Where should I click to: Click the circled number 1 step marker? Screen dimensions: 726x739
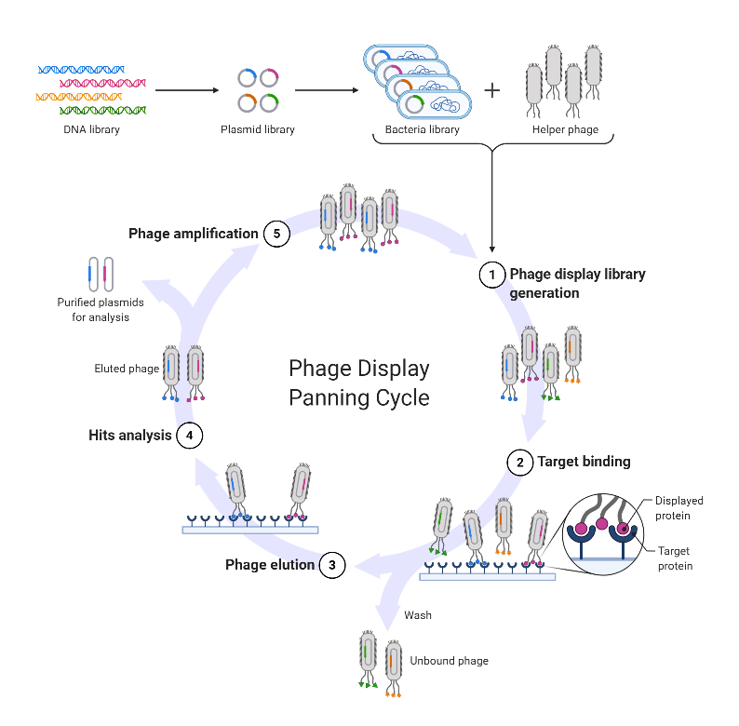click(x=491, y=275)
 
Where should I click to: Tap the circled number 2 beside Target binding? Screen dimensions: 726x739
click(x=520, y=462)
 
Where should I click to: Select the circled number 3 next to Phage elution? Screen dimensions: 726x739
click(x=332, y=565)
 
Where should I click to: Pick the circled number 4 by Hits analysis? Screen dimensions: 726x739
click(x=189, y=435)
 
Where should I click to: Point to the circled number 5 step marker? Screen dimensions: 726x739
click(x=276, y=234)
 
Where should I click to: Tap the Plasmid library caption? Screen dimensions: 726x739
click(x=258, y=129)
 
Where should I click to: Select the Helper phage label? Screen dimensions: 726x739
click(x=565, y=129)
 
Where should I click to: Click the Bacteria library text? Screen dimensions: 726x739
click(x=423, y=129)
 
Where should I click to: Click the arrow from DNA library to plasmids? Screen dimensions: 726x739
click(x=186, y=90)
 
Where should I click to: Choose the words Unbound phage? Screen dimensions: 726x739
click(x=449, y=661)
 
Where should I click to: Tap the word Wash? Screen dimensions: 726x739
click(x=418, y=615)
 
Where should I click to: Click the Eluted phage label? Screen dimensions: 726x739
click(x=127, y=369)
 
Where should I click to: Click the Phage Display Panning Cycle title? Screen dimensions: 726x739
click(x=359, y=383)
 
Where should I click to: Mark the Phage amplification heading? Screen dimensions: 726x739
click(x=193, y=234)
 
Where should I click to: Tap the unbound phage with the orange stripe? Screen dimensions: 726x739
click(x=394, y=665)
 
